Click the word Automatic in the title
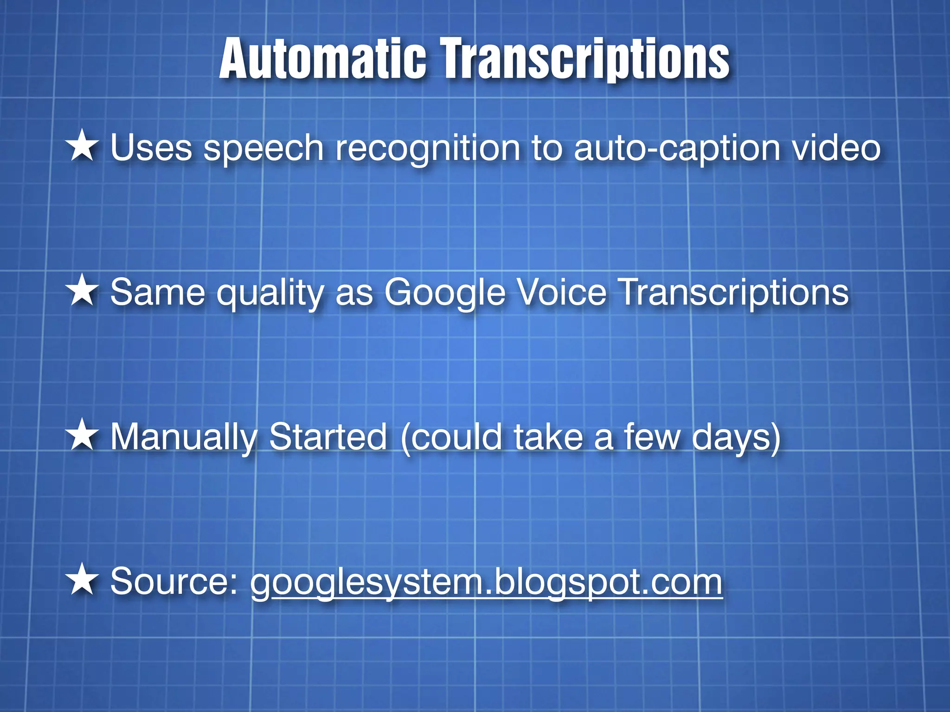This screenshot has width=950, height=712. pos(322,59)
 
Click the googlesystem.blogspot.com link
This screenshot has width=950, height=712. pos(487,582)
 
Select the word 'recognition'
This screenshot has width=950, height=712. pos(428,149)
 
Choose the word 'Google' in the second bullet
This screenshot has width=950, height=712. pos(444,293)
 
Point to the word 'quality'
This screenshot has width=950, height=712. pos(270,294)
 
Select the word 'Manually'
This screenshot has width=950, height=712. pos(184,438)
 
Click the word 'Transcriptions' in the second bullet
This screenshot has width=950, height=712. pos(734,293)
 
